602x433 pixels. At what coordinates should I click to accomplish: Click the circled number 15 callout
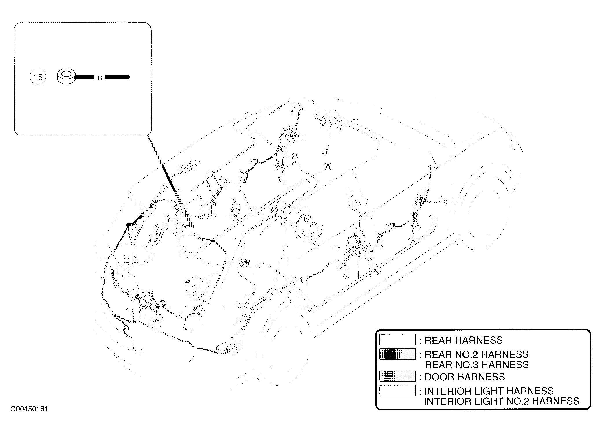(x=38, y=77)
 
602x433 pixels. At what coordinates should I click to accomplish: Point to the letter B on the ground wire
(x=100, y=78)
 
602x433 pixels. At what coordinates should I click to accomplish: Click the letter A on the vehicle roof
(x=328, y=167)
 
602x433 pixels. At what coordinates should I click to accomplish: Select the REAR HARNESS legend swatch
(x=397, y=340)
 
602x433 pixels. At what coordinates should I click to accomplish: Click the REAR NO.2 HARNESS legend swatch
(x=397, y=354)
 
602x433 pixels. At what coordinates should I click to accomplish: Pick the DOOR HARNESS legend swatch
(x=397, y=376)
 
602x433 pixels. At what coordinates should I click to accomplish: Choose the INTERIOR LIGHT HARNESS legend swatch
(x=397, y=391)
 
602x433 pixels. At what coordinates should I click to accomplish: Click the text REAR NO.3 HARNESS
(x=477, y=365)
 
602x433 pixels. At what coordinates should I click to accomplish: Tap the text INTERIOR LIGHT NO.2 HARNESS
(x=502, y=401)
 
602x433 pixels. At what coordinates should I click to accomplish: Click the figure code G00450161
(x=29, y=409)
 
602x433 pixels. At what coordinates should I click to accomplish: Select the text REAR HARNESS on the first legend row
(x=464, y=340)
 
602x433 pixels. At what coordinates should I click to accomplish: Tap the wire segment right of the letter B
(x=117, y=77)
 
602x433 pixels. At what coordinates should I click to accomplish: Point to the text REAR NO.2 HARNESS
(x=476, y=354)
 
